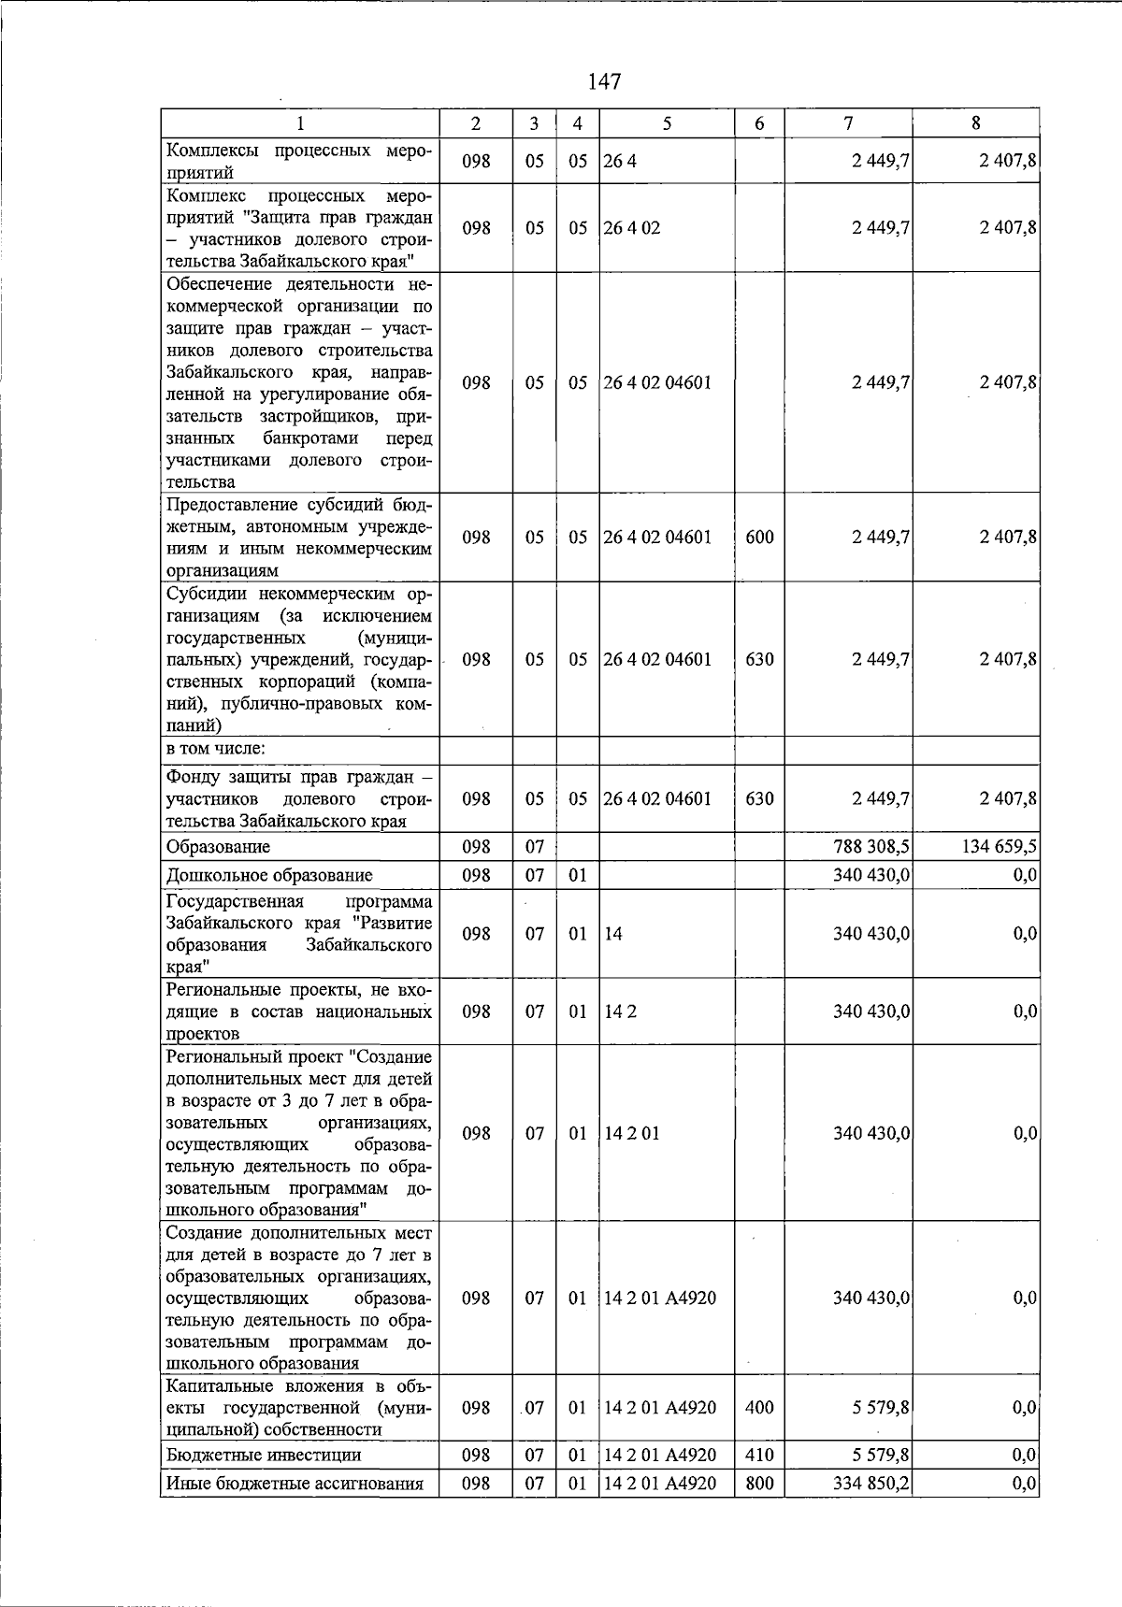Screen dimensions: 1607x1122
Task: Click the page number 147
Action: (x=604, y=82)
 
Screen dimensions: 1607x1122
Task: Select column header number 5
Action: (x=666, y=123)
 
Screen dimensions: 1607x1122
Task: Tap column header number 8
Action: (x=975, y=123)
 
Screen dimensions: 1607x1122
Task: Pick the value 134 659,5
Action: (x=999, y=847)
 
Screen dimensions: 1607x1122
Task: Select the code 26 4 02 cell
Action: (x=632, y=228)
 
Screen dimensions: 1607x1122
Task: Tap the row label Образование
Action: (x=218, y=847)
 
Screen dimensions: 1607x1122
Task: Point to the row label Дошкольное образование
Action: (x=269, y=876)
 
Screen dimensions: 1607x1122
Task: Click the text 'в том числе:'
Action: (x=215, y=749)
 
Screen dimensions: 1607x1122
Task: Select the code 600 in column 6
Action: (x=759, y=538)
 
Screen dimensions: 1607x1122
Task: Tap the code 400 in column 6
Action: (x=759, y=1408)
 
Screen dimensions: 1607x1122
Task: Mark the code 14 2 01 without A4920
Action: (x=632, y=1134)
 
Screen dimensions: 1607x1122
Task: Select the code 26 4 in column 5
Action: (x=620, y=161)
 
